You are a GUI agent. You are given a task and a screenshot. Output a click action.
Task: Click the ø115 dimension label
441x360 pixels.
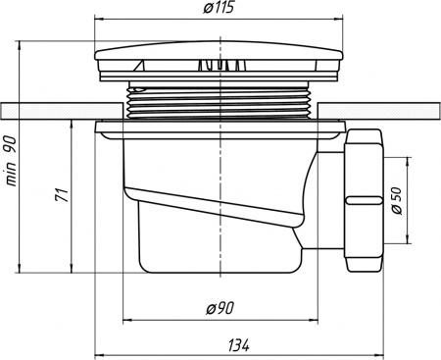[x=221, y=10]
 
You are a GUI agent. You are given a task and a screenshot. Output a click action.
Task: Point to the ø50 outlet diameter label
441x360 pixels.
[x=397, y=201]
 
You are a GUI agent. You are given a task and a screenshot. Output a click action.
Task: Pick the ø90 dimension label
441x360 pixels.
[x=220, y=309]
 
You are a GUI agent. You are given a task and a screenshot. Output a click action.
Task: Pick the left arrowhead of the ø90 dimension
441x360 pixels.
[x=124, y=320]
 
